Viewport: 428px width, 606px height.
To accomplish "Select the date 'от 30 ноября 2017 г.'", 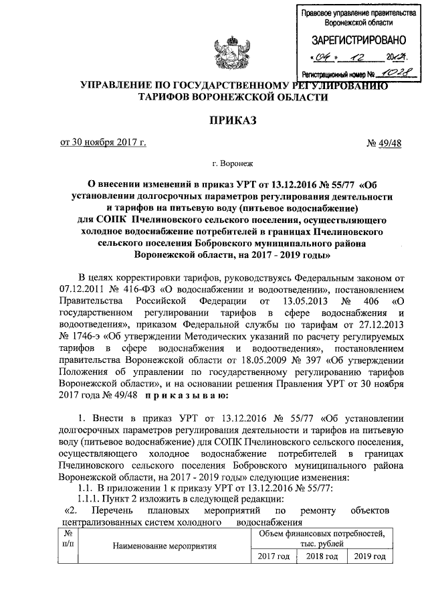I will (x=102, y=141).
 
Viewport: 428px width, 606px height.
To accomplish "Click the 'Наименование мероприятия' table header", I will (x=164, y=546).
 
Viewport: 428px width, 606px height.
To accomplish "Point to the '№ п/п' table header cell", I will (x=69, y=539).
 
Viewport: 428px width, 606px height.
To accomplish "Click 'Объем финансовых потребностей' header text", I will (x=322, y=533).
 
